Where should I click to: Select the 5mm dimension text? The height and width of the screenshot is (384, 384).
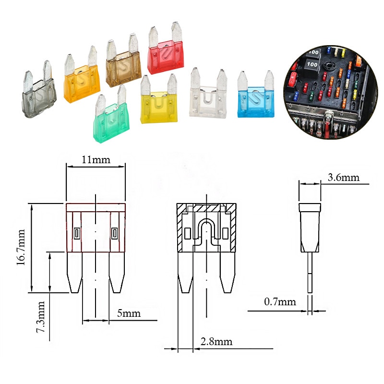point(129,314)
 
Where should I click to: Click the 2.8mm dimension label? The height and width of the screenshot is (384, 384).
point(216,342)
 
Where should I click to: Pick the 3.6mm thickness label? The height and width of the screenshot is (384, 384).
point(343,178)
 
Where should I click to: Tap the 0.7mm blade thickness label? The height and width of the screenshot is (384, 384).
point(280,302)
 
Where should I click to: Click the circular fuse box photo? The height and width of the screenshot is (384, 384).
point(331,91)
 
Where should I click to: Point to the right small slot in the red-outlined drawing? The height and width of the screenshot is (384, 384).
point(114,233)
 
